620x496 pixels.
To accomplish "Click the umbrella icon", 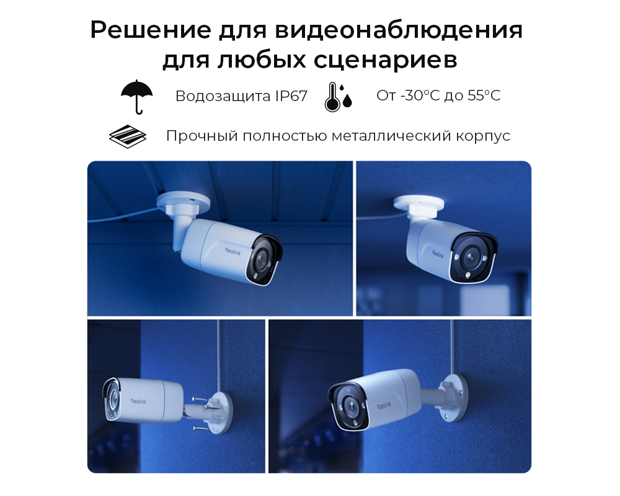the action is (137, 97).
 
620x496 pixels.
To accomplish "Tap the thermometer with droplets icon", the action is (338, 97).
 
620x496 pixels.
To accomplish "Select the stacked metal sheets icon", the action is (127, 136).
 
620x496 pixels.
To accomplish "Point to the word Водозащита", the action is (223, 96).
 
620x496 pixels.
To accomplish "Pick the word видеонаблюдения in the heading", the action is (399, 30).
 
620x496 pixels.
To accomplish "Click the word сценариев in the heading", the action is (386, 61).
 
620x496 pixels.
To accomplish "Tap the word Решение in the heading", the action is (151, 30).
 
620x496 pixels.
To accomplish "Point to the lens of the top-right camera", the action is (470, 257).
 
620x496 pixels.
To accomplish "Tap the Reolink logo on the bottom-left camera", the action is (138, 401).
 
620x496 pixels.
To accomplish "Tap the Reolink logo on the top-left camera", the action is (232, 251).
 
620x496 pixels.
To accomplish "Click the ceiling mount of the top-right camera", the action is (419, 206).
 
